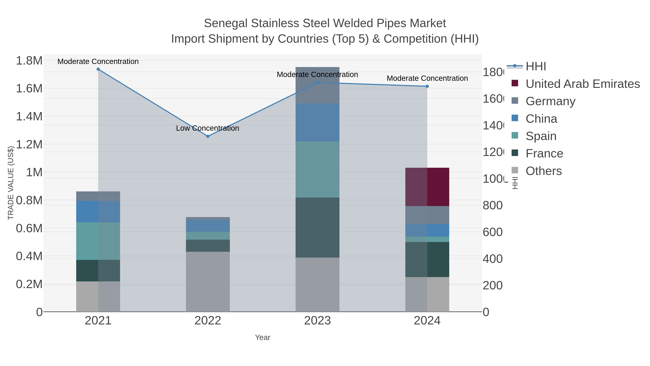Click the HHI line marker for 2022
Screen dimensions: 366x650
click(208, 136)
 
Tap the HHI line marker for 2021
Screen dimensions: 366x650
click(98, 69)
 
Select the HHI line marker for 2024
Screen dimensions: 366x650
click(427, 86)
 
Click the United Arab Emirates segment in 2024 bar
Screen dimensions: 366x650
click(427, 187)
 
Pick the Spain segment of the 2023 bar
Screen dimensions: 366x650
click(317, 170)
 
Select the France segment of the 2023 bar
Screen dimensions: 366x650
click(317, 227)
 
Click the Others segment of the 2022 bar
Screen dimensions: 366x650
click(208, 282)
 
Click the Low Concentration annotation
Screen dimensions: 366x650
click(207, 128)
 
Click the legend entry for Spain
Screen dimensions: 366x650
click(541, 136)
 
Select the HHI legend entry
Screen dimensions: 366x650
click(536, 67)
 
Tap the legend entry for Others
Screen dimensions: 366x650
click(543, 171)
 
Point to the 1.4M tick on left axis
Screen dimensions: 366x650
click(29, 117)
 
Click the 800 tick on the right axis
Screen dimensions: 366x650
click(492, 205)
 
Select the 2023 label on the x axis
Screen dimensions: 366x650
click(317, 321)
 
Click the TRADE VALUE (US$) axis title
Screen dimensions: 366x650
click(11, 183)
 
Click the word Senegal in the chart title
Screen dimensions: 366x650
click(226, 23)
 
